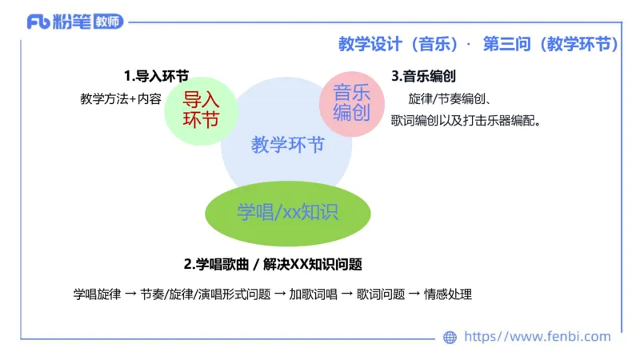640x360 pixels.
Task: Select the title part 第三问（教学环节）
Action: click(x=550, y=44)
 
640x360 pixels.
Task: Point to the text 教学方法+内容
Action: click(x=121, y=99)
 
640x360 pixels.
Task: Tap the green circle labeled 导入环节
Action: click(x=201, y=110)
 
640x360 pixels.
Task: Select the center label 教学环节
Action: click(x=287, y=145)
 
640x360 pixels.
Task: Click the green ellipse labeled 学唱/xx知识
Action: click(x=287, y=212)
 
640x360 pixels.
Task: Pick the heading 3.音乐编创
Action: click(x=424, y=76)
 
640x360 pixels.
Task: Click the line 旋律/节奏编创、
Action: click(x=454, y=99)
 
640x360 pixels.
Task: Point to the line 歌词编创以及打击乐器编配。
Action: click(x=466, y=122)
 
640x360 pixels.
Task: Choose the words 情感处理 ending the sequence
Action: click(x=448, y=294)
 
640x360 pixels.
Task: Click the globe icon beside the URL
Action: click(x=450, y=338)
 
